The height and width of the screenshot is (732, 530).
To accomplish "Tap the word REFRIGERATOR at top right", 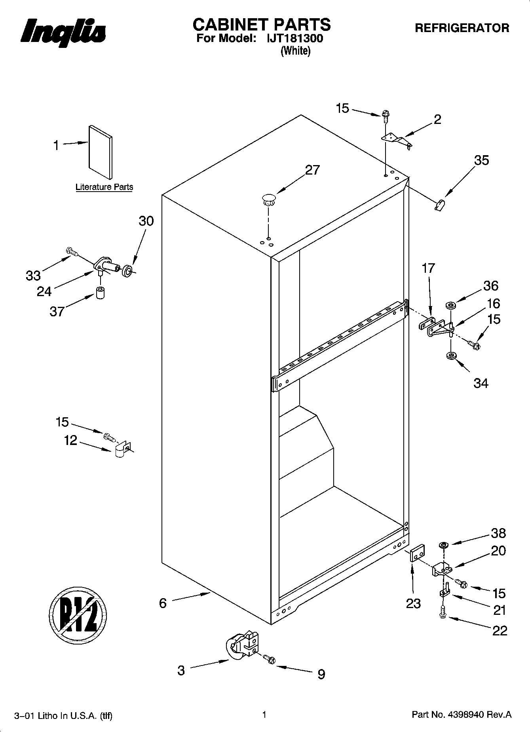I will [x=462, y=28].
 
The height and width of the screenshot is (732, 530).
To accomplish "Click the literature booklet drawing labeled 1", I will [x=100, y=152].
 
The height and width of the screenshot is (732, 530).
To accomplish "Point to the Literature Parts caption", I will [x=104, y=187].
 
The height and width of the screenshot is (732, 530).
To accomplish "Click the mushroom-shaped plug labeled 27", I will [x=269, y=199].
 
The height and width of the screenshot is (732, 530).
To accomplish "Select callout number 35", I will [x=481, y=160].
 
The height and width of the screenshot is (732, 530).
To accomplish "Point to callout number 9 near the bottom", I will [x=321, y=674].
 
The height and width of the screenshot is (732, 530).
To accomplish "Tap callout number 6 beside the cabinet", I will [x=163, y=603].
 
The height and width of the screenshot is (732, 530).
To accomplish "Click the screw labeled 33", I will [x=72, y=251].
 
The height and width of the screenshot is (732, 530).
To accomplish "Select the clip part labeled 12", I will [x=122, y=449].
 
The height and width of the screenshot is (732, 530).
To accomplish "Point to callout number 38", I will [x=498, y=533].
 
